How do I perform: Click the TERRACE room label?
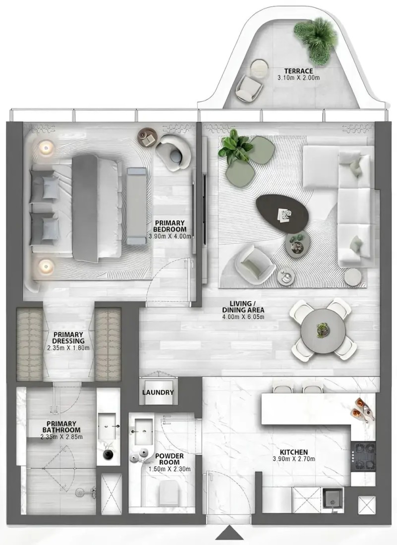(x=298, y=71)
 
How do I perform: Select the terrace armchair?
(x=249, y=88)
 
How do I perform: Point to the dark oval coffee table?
(x=283, y=213)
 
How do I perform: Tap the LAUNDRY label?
(x=158, y=392)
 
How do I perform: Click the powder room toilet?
(x=169, y=493)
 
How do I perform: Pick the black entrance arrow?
(x=229, y=538)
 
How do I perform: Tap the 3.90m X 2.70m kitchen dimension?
(x=294, y=459)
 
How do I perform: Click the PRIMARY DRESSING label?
(x=68, y=338)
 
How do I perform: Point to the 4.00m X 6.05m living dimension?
(x=243, y=317)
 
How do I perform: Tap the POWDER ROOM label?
(x=170, y=459)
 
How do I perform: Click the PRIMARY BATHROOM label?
(x=61, y=427)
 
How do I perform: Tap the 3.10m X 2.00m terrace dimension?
(x=298, y=78)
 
